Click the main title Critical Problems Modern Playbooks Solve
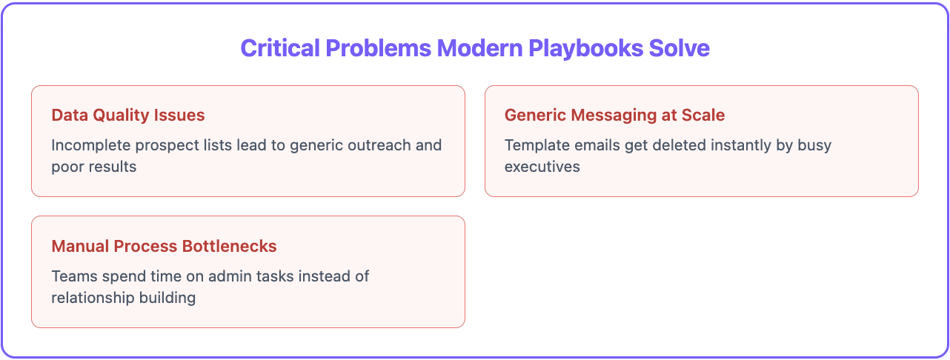point(475,48)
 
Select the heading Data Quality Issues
point(128,116)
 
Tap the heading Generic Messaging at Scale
point(614,116)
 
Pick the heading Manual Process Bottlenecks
point(164,246)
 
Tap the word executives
point(542,166)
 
